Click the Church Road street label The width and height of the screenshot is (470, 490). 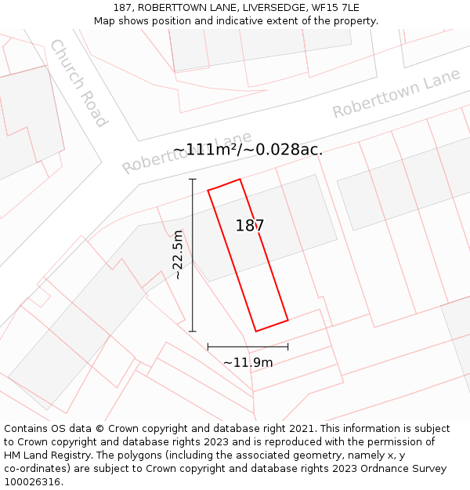coord(78,82)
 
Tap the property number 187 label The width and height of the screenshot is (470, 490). coord(250,226)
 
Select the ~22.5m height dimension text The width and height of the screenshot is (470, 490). coord(178,255)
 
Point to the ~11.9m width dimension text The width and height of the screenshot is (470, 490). coord(248,362)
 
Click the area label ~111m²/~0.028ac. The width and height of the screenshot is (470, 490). coord(248,149)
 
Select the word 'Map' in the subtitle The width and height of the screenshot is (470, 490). coord(105,21)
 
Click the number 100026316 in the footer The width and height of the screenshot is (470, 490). coord(32,481)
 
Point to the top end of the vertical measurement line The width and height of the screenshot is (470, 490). coord(193,179)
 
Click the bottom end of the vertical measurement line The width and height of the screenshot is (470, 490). coord(193,332)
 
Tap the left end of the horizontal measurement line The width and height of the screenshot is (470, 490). coord(208,346)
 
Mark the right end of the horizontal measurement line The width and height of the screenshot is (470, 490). coord(288,346)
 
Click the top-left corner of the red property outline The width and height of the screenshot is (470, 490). coord(208,190)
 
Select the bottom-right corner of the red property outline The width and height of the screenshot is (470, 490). coord(288,320)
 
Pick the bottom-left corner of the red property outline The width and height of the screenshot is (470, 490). coord(256,332)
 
